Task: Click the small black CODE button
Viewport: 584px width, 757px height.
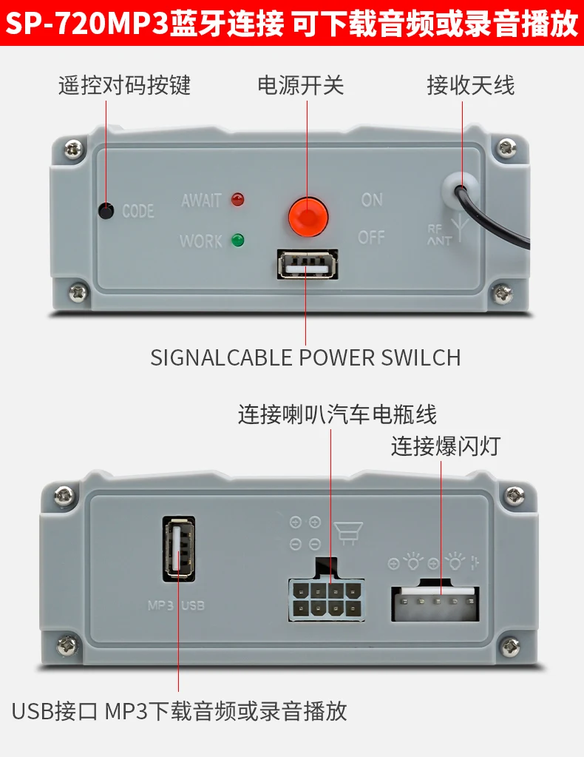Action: (107, 211)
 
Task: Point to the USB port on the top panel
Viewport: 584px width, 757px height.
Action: (308, 265)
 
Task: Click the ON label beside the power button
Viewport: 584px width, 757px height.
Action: (372, 199)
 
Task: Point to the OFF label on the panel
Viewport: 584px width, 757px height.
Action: (372, 237)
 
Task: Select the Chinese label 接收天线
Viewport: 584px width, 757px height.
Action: (470, 85)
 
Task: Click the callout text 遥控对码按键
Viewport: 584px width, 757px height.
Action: (124, 85)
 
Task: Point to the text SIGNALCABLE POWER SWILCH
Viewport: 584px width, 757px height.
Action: (305, 357)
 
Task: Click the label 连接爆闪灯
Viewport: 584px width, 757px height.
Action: (446, 446)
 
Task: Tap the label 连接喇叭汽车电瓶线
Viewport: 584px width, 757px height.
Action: (337, 413)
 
